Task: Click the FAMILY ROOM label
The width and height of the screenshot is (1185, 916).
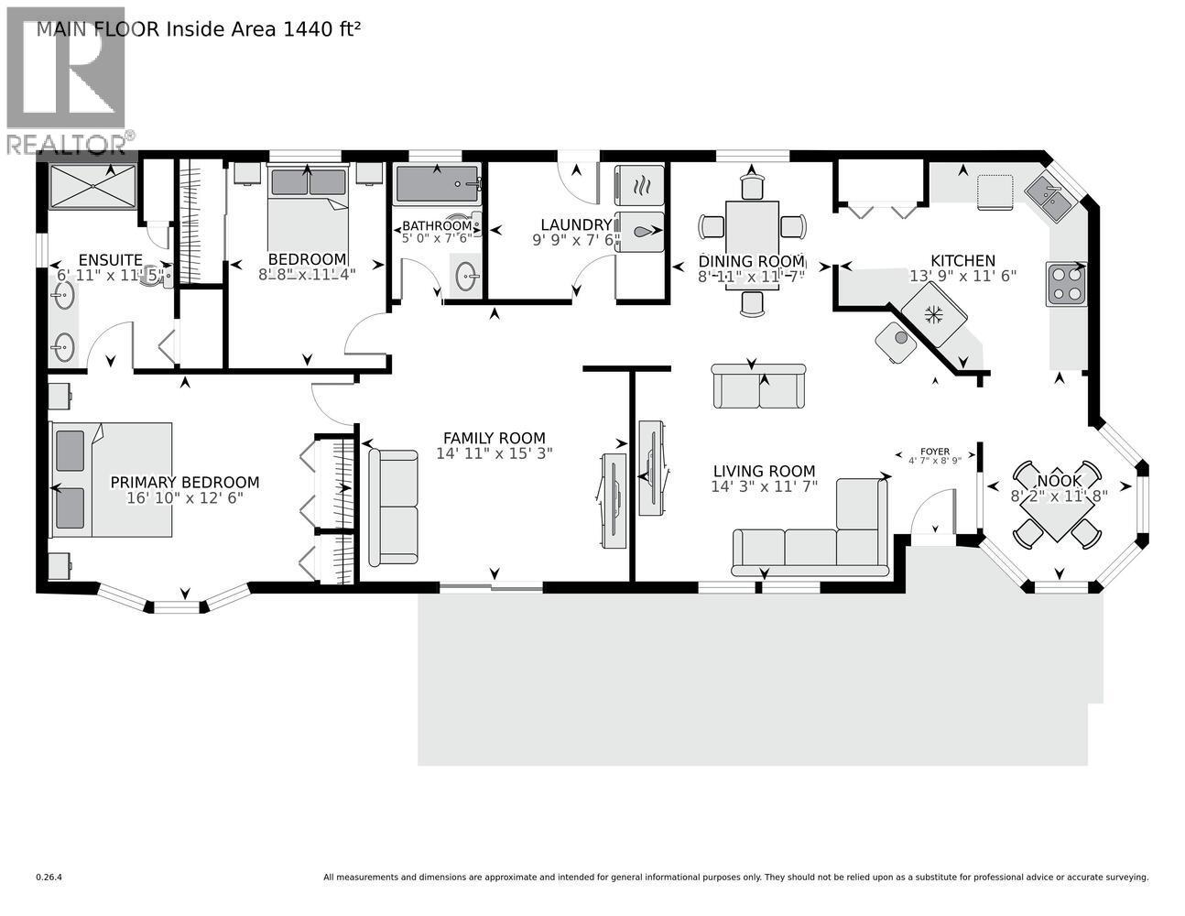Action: click(x=494, y=438)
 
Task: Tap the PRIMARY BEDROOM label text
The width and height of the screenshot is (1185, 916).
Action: click(x=184, y=482)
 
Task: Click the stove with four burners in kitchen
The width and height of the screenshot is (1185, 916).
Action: click(x=1066, y=284)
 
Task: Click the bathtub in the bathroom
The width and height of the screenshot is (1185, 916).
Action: click(x=437, y=186)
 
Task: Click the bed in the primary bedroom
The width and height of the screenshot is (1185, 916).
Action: click(x=112, y=479)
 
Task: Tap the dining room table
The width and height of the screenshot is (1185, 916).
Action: click(x=752, y=243)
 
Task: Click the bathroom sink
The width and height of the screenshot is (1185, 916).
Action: click(x=466, y=278)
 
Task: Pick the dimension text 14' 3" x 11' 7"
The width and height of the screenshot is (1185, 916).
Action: click(x=765, y=487)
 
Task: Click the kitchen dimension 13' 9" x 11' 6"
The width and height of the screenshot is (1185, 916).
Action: click(x=962, y=276)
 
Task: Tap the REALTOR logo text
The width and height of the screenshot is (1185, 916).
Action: click(x=65, y=144)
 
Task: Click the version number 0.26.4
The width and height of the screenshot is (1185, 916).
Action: click(x=49, y=877)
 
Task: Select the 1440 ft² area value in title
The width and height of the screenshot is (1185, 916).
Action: click(x=320, y=28)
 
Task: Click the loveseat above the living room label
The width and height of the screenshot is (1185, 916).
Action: click(x=759, y=386)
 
